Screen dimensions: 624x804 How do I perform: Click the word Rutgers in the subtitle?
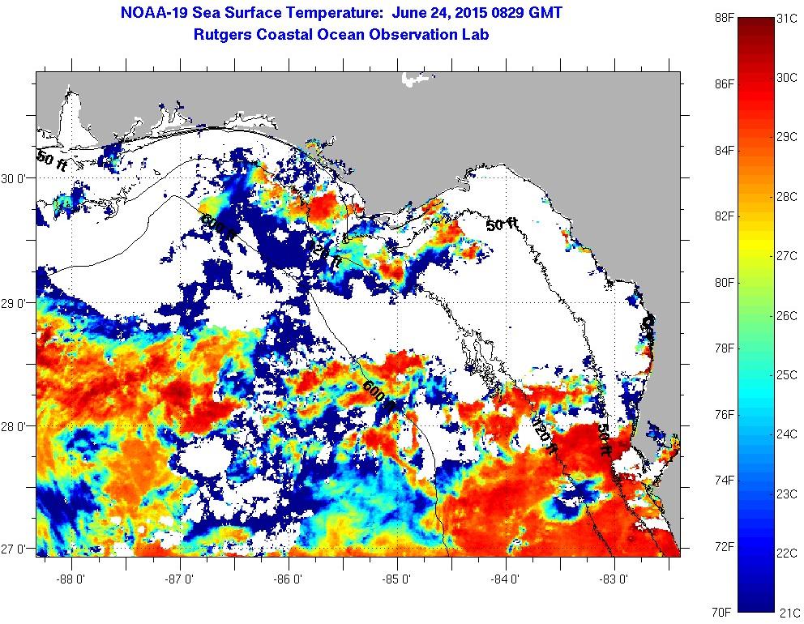(224, 35)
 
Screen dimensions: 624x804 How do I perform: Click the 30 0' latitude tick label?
(16, 179)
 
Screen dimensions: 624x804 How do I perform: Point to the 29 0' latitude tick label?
(16, 303)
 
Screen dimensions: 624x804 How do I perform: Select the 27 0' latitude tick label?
(16, 550)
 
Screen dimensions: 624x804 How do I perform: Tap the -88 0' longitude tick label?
(71, 579)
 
